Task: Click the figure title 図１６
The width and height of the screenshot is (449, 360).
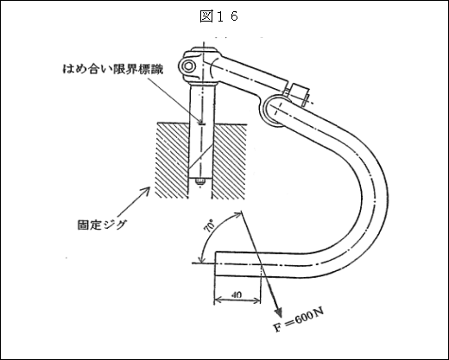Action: coord(219,16)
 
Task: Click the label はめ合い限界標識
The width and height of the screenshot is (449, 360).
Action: coord(113,69)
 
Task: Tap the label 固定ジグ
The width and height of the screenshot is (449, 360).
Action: coord(102,224)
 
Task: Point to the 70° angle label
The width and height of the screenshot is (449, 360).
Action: coord(210,225)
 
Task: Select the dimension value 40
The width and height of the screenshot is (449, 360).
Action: coord(237,294)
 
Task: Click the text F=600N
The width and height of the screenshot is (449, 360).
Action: coord(299,319)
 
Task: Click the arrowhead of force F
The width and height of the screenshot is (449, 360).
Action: coord(278,313)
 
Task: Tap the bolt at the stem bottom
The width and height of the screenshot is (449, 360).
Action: coord(199,182)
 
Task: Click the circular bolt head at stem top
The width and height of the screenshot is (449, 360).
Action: coord(189,66)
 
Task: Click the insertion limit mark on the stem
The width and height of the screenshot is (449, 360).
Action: coord(201,124)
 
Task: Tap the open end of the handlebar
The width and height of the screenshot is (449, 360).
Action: coord(215,264)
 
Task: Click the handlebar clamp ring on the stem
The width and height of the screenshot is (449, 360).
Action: coord(272,111)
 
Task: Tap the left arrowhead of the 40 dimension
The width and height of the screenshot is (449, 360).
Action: coord(218,300)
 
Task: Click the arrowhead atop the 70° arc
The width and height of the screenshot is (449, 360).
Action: coord(238,214)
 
